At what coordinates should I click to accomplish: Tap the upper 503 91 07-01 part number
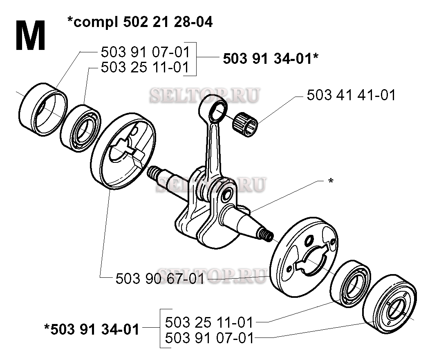[x=146, y=52]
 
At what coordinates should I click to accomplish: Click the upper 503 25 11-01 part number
[x=146, y=67]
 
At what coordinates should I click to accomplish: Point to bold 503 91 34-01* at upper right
[x=271, y=59]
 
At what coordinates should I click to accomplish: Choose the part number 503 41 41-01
[x=351, y=95]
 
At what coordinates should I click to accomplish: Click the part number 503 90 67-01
[x=160, y=279]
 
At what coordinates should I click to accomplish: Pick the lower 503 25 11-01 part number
[x=209, y=322]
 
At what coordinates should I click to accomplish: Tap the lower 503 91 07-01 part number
[x=209, y=338]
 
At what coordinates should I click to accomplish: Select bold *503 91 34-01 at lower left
[x=92, y=329]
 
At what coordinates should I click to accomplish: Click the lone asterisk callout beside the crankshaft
[x=331, y=181]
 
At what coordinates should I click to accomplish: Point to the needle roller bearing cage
[x=245, y=125]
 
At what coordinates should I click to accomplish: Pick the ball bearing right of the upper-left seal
[x=80, y=128]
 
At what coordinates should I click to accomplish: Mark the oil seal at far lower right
[x=390, y=304]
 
